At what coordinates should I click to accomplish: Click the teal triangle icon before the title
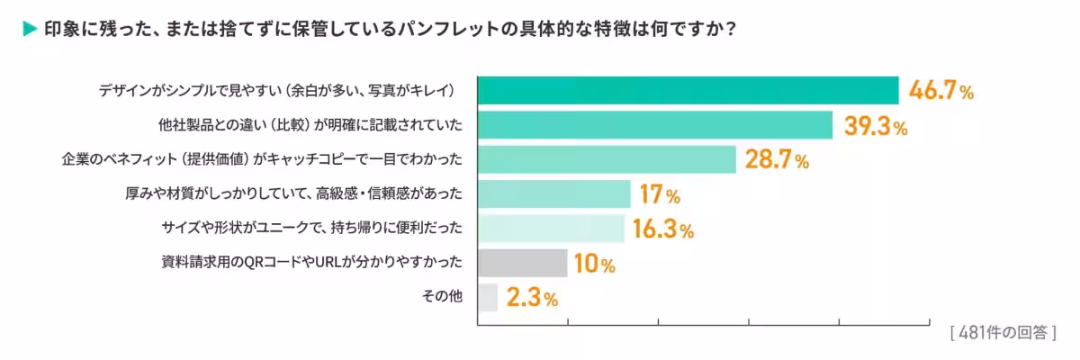click(x=29, y=29)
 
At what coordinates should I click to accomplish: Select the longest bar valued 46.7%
click(x=688, y=91)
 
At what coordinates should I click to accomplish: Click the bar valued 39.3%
click(x=654, y=125)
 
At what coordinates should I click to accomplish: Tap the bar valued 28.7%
click(x=607, y=159)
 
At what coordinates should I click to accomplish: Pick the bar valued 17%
click(x=553, y=193)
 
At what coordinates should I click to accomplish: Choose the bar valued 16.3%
click(x=551, y=229)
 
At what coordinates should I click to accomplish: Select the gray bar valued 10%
click(x=522, y=263)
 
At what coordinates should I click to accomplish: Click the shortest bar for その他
click(x=487, y=297)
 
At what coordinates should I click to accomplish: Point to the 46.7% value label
click(x=941, y=91)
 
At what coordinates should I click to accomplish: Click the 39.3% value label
click(x=875, y=126)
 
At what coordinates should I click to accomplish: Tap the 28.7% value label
click(x=778, y=160)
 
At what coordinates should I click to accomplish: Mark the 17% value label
click(x=660, y=194)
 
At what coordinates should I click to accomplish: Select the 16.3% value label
click(x=662, y=229)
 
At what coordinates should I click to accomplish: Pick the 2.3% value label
click(x=532, y=298)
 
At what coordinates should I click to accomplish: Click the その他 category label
click(x=443, y=297)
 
